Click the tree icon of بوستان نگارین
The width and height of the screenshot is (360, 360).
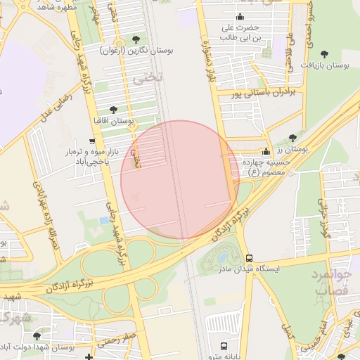point(136,39)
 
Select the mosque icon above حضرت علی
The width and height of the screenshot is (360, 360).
point(241,16)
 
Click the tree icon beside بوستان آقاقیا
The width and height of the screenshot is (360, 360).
point(113,109)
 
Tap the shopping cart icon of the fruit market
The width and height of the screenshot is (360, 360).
point(92,141)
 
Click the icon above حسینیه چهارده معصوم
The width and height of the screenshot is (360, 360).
point(265,151)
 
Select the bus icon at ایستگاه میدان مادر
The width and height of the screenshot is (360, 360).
point(249,258)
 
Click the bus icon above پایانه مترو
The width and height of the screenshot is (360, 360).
point(224,346)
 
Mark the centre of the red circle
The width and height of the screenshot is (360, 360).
point(180,180)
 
